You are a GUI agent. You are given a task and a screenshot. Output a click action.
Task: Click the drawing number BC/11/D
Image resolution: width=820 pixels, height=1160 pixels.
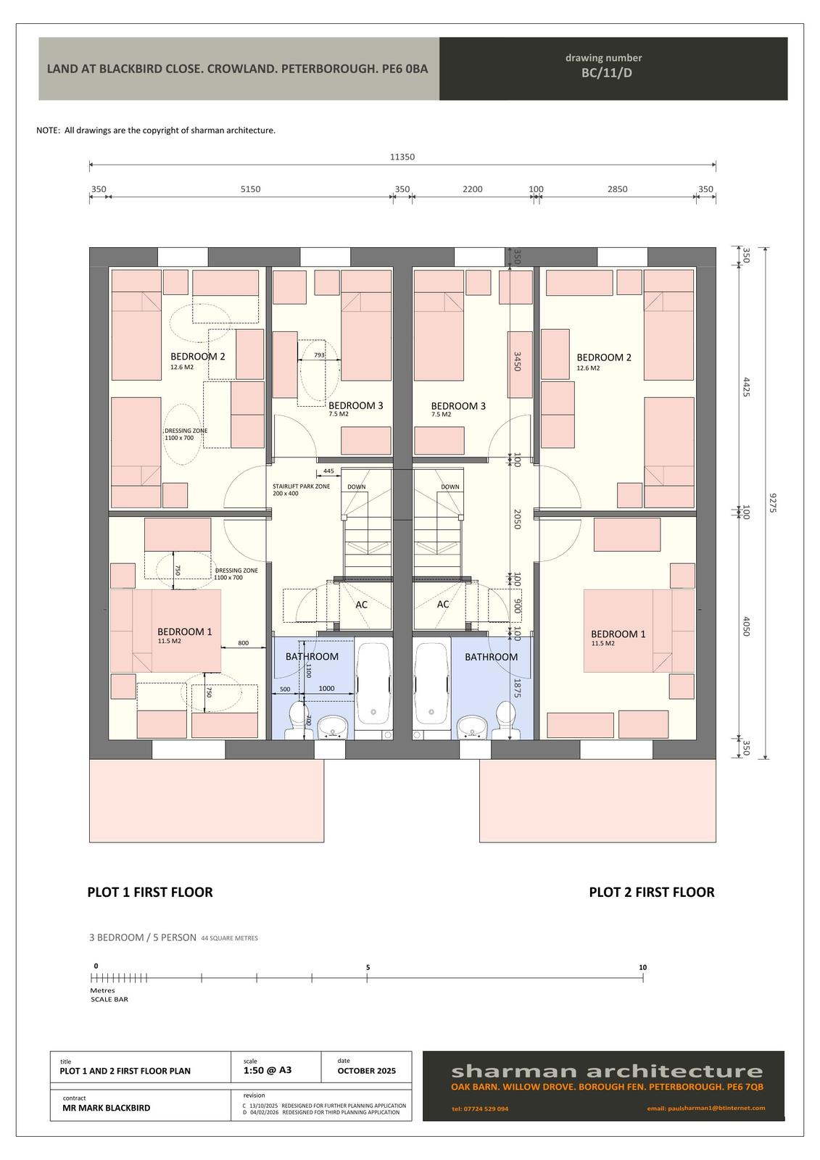click(x=607, y=72)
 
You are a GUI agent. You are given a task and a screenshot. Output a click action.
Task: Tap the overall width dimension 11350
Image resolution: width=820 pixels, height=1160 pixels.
click(x=402, y=157)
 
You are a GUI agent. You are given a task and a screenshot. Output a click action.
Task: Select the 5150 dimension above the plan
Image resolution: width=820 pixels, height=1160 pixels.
click(x=250, y=189)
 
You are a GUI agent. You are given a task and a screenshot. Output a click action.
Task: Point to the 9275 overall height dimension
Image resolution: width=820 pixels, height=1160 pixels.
click(x=772, y=503)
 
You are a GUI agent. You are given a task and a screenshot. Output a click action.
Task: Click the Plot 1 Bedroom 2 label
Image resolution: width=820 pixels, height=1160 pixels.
click(x=198, y=356)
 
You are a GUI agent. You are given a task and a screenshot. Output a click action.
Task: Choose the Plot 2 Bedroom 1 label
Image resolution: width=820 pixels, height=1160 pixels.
click(x=618, y=634)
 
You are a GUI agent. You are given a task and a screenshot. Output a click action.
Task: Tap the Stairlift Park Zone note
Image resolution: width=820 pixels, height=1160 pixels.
click(x=301, y=490)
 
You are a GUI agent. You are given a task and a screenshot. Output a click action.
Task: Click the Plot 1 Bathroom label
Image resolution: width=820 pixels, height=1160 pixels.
click(x=312, y=657)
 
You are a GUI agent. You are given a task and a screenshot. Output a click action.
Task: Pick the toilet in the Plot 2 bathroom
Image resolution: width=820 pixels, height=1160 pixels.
click(x=505, y=720)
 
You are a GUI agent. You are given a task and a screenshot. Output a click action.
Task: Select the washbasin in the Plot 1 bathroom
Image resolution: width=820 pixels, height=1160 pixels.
click(x=334, y=728)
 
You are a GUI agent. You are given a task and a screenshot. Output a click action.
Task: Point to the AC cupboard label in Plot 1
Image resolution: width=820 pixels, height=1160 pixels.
click(x=361, y=605)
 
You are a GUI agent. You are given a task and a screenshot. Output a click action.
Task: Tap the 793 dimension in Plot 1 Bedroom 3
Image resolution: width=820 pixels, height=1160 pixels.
click(x=319, y=355)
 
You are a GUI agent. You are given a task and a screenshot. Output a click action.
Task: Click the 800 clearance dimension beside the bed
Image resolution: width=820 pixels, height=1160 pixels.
click(x=243, y=643)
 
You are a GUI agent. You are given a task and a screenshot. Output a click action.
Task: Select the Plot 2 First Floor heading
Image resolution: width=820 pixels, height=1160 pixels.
click(x=652, y=892)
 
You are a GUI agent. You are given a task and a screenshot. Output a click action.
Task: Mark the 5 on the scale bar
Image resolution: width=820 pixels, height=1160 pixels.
click(x=368, y=967)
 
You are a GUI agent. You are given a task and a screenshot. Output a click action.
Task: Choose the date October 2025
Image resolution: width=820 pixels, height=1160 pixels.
click(x=366, y=1070)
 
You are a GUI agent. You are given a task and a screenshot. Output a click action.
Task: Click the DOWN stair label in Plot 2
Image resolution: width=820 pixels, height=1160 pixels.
click(x=450, y=486)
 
